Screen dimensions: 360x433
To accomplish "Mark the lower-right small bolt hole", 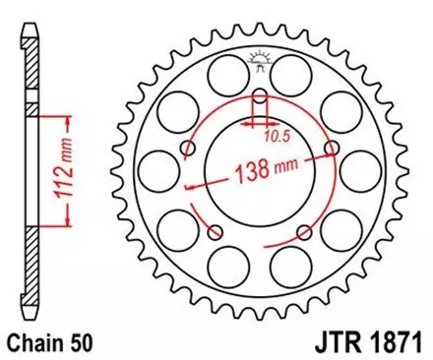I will click(305, 235).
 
